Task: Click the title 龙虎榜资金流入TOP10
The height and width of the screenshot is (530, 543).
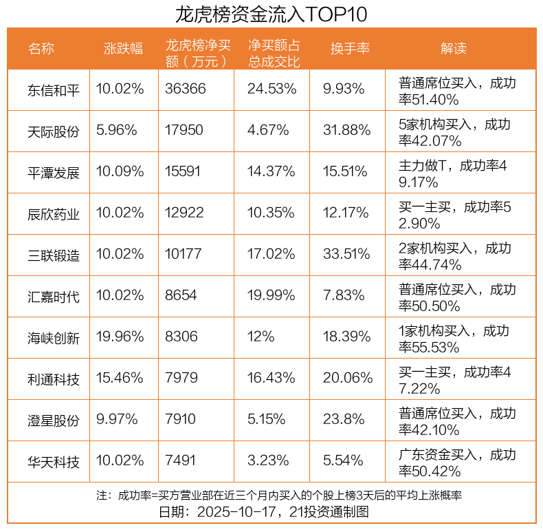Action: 271,14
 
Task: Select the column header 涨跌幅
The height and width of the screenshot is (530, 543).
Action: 123,48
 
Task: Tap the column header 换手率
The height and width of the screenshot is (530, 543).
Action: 350,48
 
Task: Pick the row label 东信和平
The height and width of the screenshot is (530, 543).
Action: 54,90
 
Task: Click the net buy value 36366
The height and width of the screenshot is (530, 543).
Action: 186,89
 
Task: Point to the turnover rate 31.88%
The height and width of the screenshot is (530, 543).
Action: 347,131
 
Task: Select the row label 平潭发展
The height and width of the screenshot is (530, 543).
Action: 54,173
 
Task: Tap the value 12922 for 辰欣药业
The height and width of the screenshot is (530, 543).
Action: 184,213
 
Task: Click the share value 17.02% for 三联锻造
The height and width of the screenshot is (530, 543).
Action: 271,255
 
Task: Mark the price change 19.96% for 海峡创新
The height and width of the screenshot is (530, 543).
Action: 120,337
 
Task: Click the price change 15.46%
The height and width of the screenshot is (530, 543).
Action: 120,379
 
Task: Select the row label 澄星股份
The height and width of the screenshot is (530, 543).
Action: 54,421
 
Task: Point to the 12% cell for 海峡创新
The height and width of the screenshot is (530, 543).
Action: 261,337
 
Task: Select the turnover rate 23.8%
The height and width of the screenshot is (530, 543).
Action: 344,420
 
